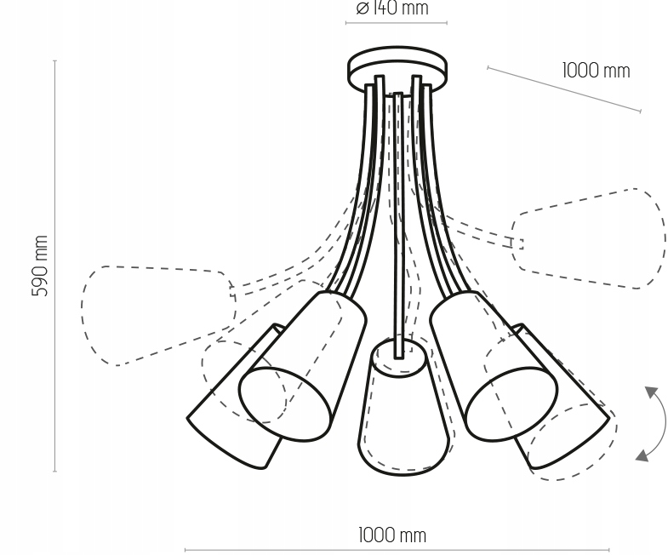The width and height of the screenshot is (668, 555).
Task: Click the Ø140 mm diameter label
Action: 392,9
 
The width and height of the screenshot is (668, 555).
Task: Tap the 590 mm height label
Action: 40,266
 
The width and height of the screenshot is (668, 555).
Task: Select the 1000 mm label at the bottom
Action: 391,535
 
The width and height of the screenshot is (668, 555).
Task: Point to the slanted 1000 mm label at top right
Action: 596,71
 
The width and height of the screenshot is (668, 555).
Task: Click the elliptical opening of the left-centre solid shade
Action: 284,404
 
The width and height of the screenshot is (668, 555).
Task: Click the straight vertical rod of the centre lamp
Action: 398,213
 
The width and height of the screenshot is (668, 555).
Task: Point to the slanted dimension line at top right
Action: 563,89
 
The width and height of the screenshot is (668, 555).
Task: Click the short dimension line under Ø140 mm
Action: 396,22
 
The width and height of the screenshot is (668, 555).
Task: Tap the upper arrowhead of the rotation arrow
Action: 652,392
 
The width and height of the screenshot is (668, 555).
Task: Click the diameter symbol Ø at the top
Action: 363,9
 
